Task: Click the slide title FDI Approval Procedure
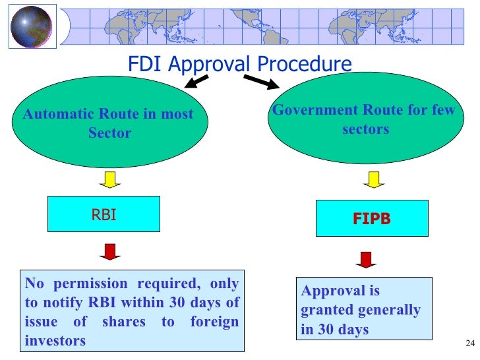point(239,65)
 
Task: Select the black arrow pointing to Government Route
point(262,82)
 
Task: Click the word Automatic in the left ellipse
point(56,114)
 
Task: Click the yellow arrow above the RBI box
point(109,179)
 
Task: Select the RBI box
point(104,214)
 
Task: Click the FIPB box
point(371,219)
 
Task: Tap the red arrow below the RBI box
point(109,251)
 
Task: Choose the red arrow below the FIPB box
point(365,258)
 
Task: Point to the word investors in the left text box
point(55,341)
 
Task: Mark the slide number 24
point(469,343)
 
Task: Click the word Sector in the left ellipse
point(109,133)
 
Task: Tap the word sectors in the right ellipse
point(365,129)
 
